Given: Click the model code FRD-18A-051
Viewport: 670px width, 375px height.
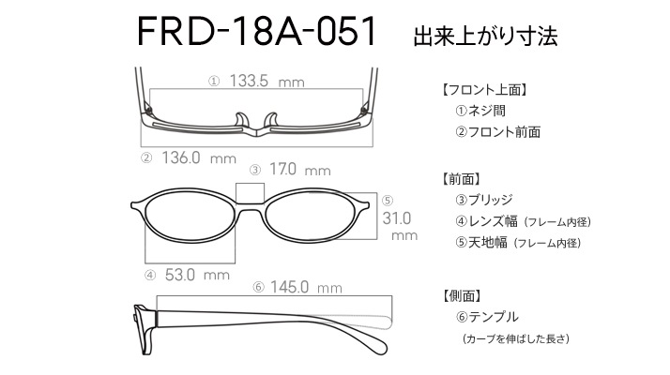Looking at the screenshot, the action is point(256,31).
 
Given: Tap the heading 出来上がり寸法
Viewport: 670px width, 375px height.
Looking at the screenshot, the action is point(485,36).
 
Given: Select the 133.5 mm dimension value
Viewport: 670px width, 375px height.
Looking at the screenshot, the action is point(267,81).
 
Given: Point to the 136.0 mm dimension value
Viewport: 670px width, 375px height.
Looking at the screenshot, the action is point(199,158).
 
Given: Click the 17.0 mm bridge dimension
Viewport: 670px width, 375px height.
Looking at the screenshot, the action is point(300,170).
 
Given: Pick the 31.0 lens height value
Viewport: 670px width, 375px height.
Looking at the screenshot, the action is point(397,218).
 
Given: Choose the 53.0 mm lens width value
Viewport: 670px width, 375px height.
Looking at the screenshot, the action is point(197,275).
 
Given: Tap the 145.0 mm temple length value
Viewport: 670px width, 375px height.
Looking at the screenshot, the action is point(306,287).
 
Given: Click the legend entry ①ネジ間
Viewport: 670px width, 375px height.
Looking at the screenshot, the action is point(480,111).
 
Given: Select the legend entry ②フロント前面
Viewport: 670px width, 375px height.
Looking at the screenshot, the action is point(498,132).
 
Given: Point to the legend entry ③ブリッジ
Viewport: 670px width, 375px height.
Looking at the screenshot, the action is point(484,200).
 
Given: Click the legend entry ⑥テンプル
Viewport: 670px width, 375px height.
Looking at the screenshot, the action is point(487,317).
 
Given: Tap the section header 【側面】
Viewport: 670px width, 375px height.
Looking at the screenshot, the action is point(463,295).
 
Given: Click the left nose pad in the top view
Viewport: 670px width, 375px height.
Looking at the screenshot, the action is point(242,120).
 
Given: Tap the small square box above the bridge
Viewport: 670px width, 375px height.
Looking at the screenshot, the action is point(250,193).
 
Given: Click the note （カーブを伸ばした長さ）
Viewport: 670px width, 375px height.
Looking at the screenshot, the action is point(516,338).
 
